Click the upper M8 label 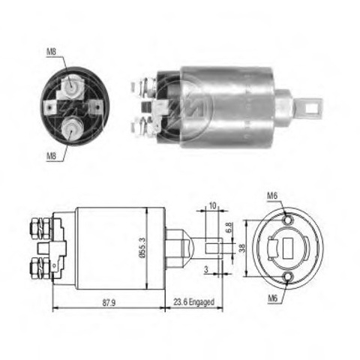52,52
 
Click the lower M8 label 51,156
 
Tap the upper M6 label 272,196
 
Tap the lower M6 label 273,298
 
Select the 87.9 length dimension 109,303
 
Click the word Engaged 202,302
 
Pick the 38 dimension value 242,248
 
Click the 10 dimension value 212,205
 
